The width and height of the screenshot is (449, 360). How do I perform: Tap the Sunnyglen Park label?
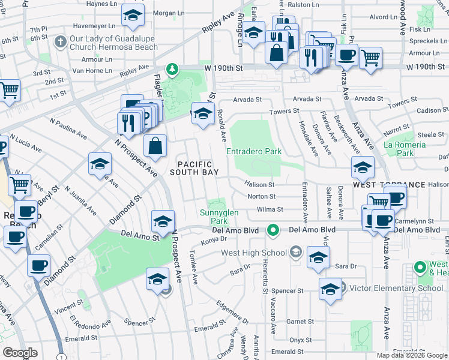click(218, 217)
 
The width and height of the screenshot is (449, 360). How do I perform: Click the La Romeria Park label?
click(405, 149)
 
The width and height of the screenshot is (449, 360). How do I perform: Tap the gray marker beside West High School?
click(295, 253)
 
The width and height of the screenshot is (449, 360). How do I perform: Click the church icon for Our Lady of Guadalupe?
click(59, 42)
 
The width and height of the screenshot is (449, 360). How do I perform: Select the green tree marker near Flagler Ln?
click(173, 70)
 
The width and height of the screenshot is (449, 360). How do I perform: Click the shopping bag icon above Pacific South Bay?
click(155, 146)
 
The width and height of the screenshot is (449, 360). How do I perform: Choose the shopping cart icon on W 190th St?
click(370, 58)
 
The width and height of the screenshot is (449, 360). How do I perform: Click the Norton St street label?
click(261, 196)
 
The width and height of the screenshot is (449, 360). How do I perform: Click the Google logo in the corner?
click(20, 352)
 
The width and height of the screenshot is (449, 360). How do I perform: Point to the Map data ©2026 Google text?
click(412, 355)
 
